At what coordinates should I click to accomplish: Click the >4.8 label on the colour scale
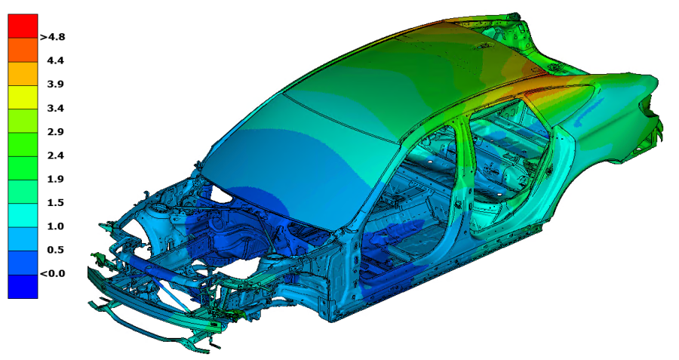tap(52, 37)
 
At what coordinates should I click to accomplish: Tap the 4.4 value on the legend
tap(55, 60)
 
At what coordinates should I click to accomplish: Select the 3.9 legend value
tap(55, 84)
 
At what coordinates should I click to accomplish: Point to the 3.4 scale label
tap(55, 108)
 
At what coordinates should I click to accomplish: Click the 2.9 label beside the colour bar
tap(55, 131)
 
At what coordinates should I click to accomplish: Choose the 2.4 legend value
tap(55, 155)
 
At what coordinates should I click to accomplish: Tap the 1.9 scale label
tap(55, 179)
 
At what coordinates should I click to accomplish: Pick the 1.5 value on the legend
tap(55, 202)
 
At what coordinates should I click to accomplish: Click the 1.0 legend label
tap(55, 226)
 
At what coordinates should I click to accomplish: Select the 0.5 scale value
tap(55, 250)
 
